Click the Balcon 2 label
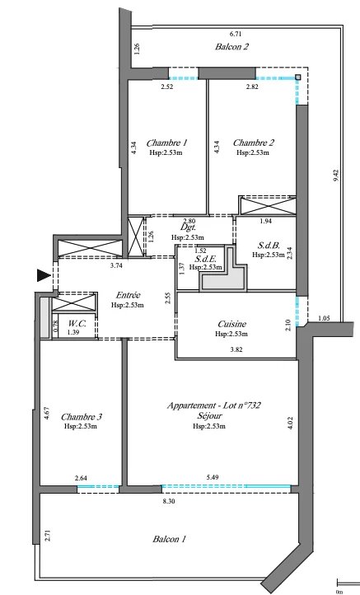pyautogui.click(x=231, y=47)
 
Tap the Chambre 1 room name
pyautogui.click(x=166, y=143)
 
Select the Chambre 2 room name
pyautogui.click(x=253, y=143)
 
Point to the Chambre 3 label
pyautogui.click(x=82, y=417)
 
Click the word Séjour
pyautogui.click(x=209, y=416)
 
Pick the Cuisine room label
pyautogui.click(x=231, y=324)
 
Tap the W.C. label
pyautogui.click(x=77, y=324)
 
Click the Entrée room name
pyautogui.click(x=128, y=295)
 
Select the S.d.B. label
pyautogui.click(x=269, y=246)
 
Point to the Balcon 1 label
pyautogui.click(x=169, y=539)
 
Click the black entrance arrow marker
pyautogui.click(x=44, y=275)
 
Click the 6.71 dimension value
pyautogui.click(x=236, y=34)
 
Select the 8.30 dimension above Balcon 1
pyautogui.click(x=169, y=501)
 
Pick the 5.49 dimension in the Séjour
pyautogui.click(x=213, y=477)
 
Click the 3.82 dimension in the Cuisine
pyautogui.click(x=236, y=350)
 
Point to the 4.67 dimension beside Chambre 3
pyautogui.click(x=46, y=413)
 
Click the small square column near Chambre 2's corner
pyautogui.click(x=297, y=77)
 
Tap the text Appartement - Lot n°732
pyautogui.click(x=214, y=405)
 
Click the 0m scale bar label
pyautogui.click(x=339, y=592)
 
